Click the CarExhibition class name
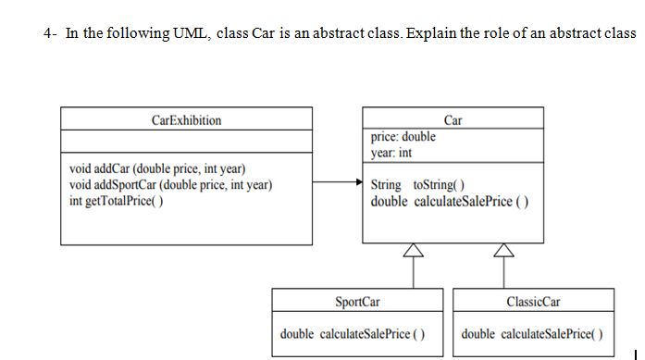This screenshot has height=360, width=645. (x=186, y=120)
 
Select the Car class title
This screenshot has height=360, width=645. (x=453, y=119)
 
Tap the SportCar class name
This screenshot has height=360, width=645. (x=357, y=302)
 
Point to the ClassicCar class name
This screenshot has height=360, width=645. (x=534, y=302)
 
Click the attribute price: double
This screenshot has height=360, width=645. (x=403, y=137)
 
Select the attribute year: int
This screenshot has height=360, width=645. (x=391, y=153)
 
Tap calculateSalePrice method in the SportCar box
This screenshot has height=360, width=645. (x=353, y=333)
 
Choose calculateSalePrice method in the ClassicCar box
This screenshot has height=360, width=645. (x=532, y=333)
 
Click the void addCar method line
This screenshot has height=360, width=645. (x=157, y=168)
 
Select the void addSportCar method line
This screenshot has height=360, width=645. (x=171, y=185)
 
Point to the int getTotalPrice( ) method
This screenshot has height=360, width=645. (x=118, y=201)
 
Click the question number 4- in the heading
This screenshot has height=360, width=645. (x=49, y=34)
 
